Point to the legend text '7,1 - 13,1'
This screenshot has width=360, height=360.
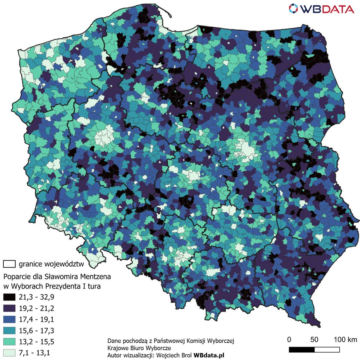point(34,353)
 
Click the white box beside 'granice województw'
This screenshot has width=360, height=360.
point(9,264)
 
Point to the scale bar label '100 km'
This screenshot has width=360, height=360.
point(345,340)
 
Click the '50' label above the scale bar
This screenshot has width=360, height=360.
point(314,340)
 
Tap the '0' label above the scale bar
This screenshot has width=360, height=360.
point(289,340)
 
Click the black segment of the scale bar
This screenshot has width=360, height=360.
point(301,350)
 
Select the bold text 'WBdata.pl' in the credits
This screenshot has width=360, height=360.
point(209,355)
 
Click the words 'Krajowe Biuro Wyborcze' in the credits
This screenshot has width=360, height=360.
point(139,348)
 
